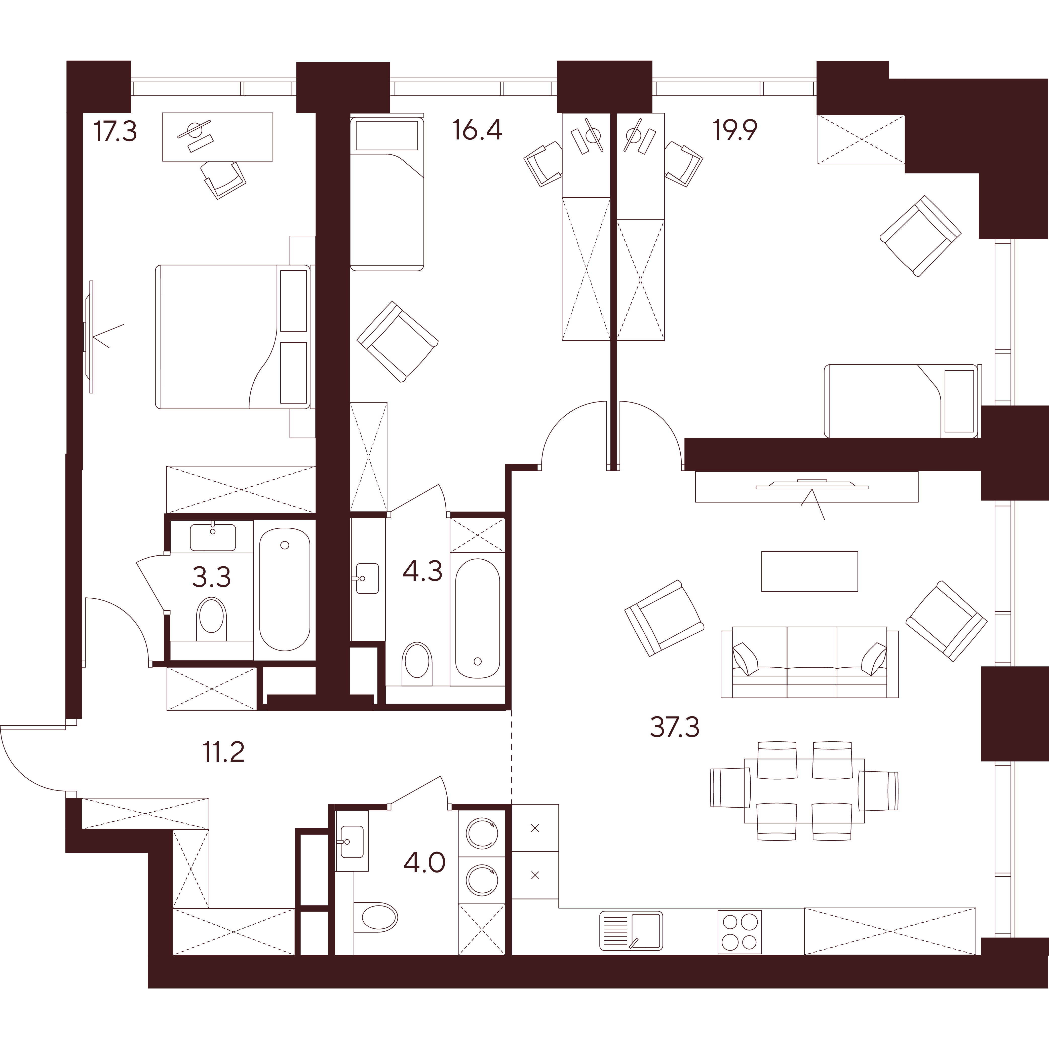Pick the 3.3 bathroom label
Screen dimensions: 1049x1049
[212, 577]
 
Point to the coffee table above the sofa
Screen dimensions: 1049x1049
[809, 571]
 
